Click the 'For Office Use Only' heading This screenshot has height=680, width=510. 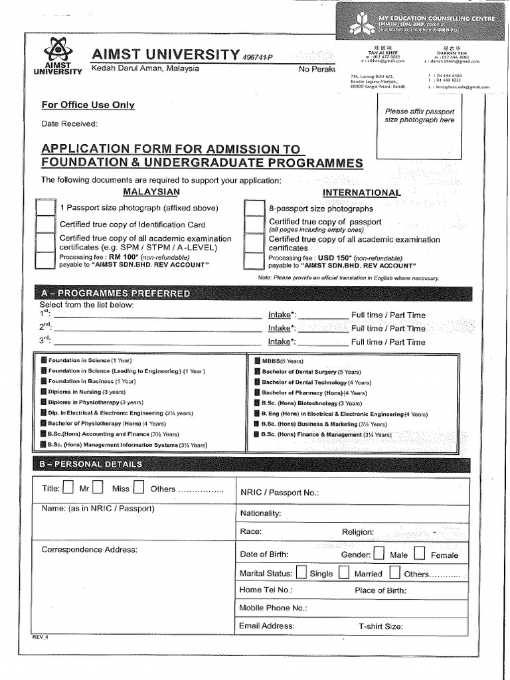tap(88, 105)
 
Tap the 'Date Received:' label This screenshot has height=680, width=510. tap(69, 124)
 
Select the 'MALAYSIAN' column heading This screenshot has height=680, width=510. tap(152, 191)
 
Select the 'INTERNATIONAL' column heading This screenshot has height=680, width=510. tap(361, 193)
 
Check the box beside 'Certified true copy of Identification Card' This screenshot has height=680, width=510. tap(46, 224)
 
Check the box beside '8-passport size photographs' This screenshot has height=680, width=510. tap(254, 209)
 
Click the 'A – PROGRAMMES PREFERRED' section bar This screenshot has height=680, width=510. tap(252, 294)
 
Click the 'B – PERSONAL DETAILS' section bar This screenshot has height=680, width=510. tap(252, 464)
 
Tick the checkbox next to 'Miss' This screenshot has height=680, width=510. tap(98, 488)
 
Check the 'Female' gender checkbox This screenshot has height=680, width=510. tap(420, 554)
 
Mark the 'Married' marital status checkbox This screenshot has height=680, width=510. tap(343, 572)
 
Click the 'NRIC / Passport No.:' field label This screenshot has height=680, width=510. tap(279, 493)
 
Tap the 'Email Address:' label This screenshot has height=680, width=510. tap(266, 626)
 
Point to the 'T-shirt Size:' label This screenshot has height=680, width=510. tap(381, 626)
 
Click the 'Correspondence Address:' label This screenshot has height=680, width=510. tap(89, 549)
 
